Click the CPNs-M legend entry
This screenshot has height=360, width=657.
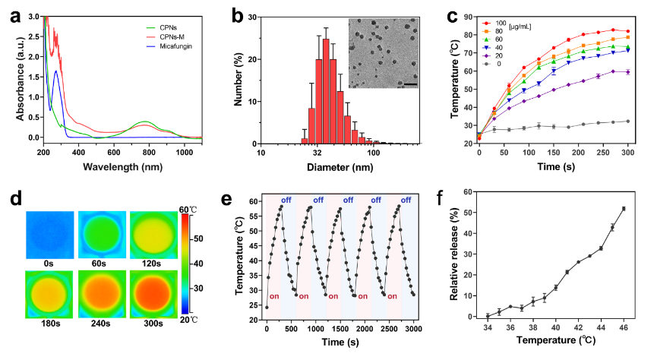[174, 36]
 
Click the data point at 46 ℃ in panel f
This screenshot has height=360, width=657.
[624, 209]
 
